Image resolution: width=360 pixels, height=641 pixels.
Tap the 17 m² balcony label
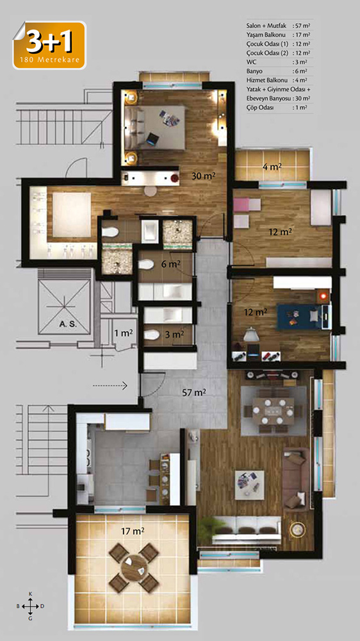pos(133,531)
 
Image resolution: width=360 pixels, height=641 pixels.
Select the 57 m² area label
pos(193,392)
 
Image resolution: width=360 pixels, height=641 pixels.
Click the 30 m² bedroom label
pos(204,176)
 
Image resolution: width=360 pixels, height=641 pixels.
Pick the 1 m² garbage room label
pos(124,333)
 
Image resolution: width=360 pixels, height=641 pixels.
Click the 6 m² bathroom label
pos(171,265)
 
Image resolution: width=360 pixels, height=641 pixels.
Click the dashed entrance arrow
pos(110,385)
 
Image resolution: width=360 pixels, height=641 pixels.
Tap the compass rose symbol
pos(30,606)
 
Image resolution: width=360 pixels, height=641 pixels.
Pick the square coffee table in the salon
pos(249,485)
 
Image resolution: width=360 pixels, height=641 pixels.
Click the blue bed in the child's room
pos(302,317)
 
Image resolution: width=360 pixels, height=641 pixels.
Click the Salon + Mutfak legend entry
pos(279,26)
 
